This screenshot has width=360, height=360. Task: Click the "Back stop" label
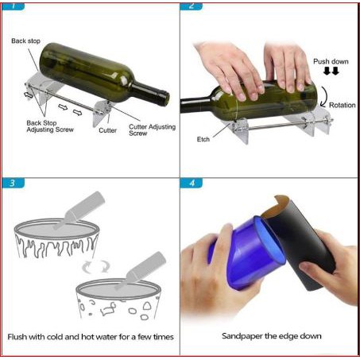click(x=25, y=41)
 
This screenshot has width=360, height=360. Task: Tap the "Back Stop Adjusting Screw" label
click(x=50, y=126)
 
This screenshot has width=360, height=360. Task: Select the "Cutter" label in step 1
click(x=107, y=130)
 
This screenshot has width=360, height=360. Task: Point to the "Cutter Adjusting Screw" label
click(x=153, y=130)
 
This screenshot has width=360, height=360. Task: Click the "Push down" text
click(x=331, y=61)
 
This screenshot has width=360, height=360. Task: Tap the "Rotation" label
click(x=343, y=105)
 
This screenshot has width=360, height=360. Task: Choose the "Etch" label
click(x=203, y=139)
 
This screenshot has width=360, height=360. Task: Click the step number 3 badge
click(x=13, y=183)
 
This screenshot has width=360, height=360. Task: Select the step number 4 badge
click(x=192, y=183)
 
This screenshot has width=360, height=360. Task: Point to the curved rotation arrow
click(x=324, y=97)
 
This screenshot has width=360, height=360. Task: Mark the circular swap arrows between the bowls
click(x=95, y=266)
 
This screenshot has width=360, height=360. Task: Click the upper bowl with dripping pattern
click(x=57, y=238)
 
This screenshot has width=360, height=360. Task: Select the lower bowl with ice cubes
click(x=118, y=299)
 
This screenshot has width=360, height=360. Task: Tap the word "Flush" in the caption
click(x=17, y=337)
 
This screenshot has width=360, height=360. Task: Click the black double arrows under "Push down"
click(x=331, y=71)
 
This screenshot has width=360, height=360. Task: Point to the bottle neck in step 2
click(x=196, y=104)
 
